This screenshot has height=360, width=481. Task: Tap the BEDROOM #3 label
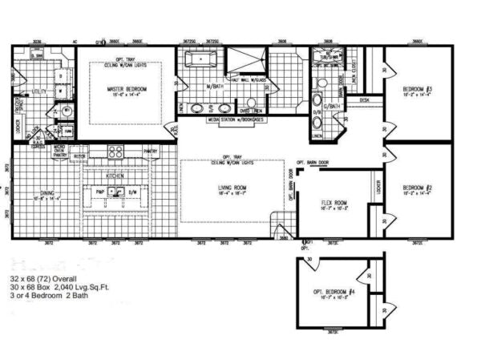click(x=418, y=88)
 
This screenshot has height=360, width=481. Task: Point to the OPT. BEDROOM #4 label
click(x=336, y=291)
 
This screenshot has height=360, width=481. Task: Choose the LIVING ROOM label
click(x=232, y=188)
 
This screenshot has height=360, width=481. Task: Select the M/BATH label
click(x=213, y=86)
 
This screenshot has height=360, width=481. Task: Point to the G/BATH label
click(x=329, y=105)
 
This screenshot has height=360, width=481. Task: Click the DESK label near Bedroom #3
click(x=365, y=100)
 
